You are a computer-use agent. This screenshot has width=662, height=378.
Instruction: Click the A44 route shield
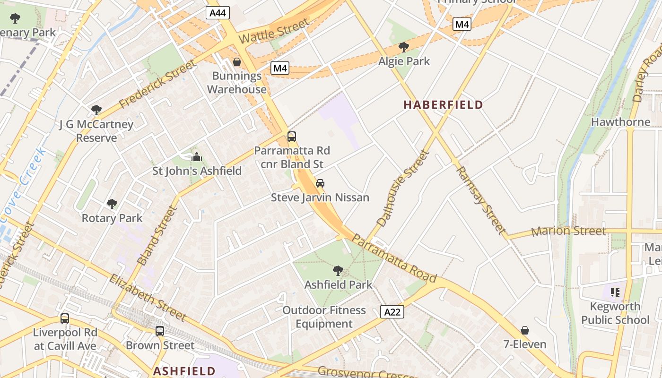[218, 13]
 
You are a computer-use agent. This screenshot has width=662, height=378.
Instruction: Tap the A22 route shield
[392, 311]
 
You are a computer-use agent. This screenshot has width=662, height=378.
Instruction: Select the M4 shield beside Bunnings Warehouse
[280, 68]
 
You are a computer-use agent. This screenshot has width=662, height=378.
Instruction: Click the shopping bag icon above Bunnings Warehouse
[236, 62]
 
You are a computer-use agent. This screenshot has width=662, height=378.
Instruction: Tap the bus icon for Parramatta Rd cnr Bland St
[292, 137]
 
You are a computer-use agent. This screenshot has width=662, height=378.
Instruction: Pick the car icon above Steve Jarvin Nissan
[320, 183]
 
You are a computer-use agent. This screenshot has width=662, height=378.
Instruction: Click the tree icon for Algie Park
[404, 47]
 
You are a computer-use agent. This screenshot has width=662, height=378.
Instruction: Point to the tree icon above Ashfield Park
[338, 271]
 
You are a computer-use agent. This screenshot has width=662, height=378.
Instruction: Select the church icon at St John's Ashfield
[196, 157]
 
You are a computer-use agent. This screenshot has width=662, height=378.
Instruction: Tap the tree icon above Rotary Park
[112, 204]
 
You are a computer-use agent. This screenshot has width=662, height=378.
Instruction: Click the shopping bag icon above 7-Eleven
[524, 330]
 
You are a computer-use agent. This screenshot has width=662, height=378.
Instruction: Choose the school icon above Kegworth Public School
[615, 292]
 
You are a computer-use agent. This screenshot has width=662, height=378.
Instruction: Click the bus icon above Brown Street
[160, 331]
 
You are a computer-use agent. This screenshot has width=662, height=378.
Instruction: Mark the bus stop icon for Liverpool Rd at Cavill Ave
[65, 318]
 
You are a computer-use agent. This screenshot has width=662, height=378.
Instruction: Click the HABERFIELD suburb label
[443, 105]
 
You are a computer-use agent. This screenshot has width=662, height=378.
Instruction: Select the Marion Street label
[568, 231]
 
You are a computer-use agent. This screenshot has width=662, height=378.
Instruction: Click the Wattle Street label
[274, 31]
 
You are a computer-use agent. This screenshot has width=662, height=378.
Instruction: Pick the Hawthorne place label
[620, 122]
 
